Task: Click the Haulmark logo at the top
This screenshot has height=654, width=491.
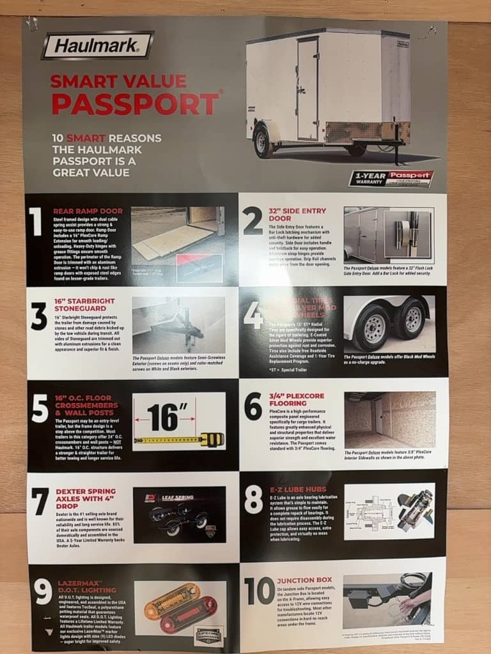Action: click(97, 46)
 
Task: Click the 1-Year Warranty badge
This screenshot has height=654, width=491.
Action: click(391, 178)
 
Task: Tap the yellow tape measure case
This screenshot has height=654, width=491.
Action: click(212, 439)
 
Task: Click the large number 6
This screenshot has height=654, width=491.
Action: click(253, 406)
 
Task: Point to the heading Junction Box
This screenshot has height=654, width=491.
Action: click(304, 581)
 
